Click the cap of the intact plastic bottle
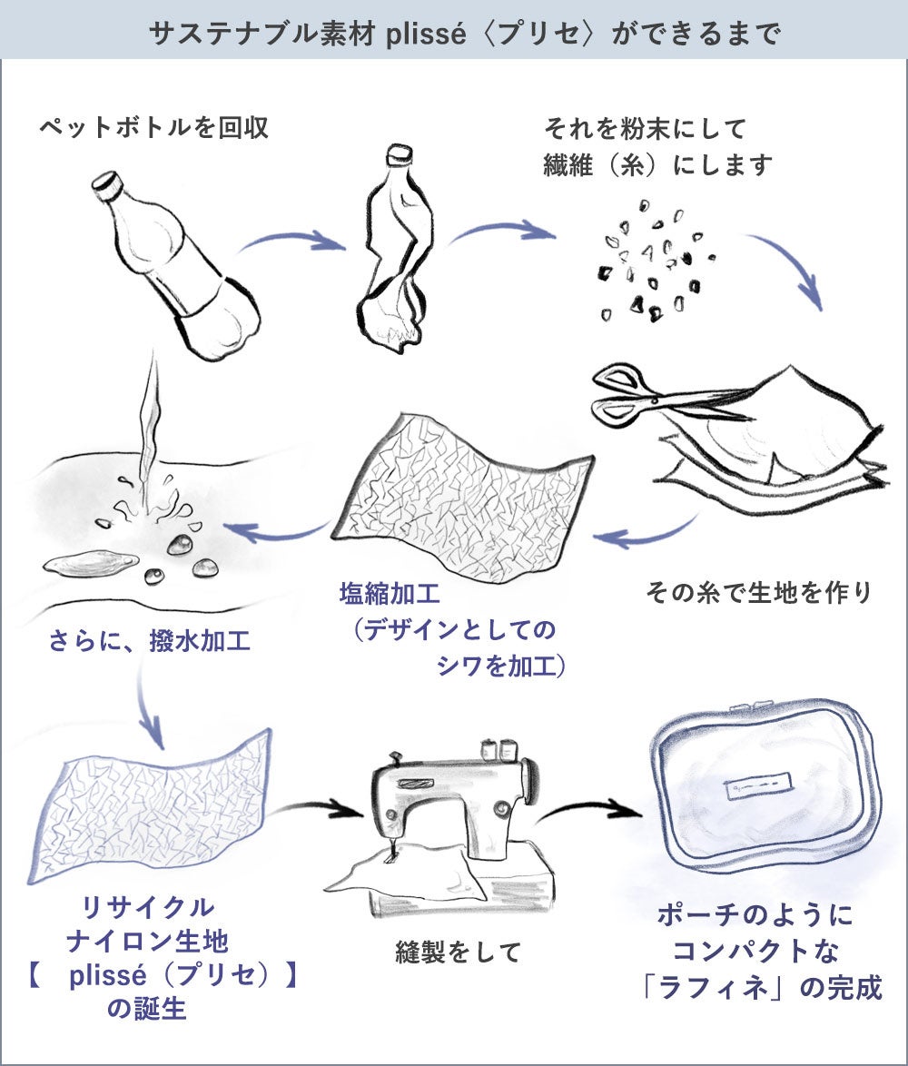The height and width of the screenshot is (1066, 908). (x=109, y=186)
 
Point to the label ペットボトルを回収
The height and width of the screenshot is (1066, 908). (x=153, y=128)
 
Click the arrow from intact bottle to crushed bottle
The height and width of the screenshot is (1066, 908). (x=291, y=242)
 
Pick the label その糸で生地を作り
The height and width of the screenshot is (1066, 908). (x=758, y=593)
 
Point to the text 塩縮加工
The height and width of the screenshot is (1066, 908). (x=390, y=596)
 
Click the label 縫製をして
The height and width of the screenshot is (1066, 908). (x=458, y=952)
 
